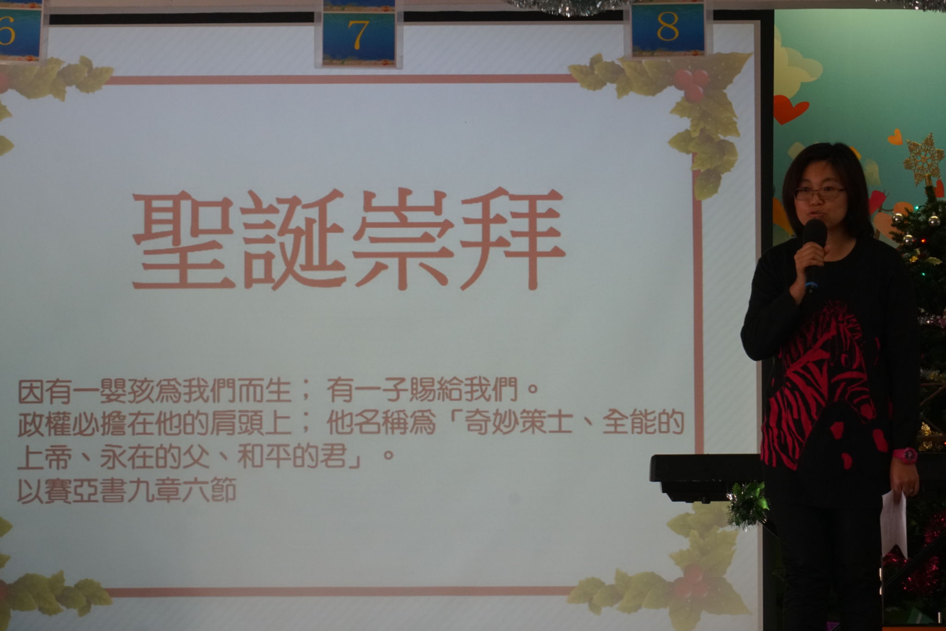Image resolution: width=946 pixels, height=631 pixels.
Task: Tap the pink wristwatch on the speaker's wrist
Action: (904, 455)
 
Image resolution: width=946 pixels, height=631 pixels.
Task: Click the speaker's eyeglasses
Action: (819, 194)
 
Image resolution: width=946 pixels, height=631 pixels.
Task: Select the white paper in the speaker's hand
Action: (894, 525)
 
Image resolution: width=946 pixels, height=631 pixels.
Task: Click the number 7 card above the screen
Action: (359, 35)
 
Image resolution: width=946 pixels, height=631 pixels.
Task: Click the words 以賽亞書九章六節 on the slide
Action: (127, 490)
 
